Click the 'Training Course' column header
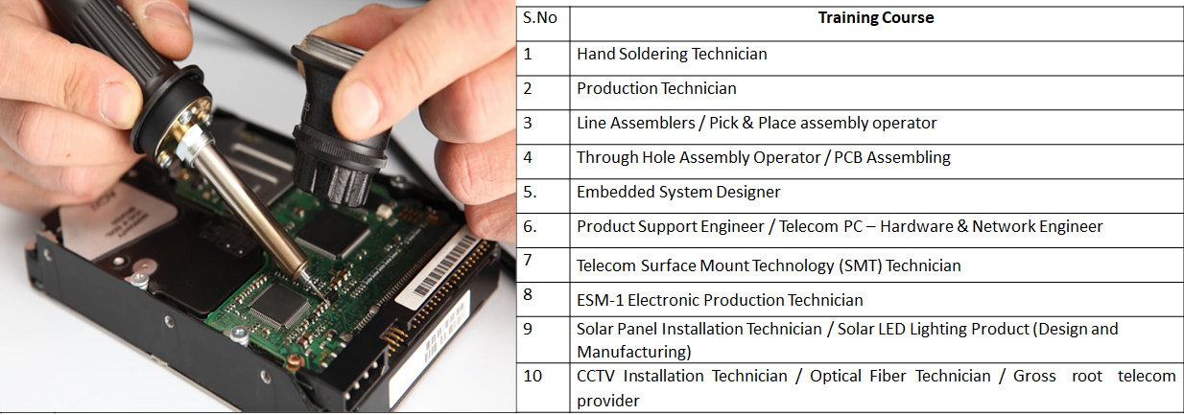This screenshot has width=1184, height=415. (876, 18)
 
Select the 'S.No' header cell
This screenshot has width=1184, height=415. (539, 18)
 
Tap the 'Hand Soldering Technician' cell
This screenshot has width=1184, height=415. (672, 54)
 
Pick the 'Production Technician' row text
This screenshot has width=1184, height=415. (656, 88)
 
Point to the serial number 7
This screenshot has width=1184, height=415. (528, 260)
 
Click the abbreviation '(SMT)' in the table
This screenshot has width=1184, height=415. (861, 265)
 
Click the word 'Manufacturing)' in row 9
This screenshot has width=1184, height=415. (634, 352)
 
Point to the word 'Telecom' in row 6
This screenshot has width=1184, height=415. (809, 226)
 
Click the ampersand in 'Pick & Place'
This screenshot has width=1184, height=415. (747, 123)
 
